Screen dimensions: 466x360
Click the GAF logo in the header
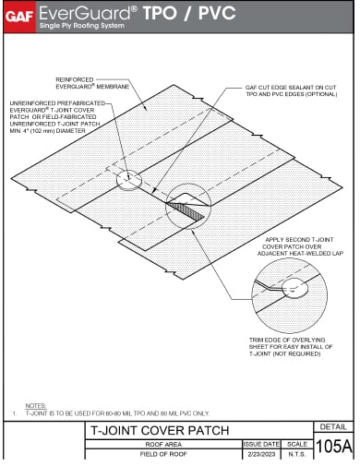coord(18,13)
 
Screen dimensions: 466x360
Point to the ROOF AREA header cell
coord(164,444)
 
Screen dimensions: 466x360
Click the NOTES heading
coord(36,405)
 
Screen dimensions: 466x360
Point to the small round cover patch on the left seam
coord(127,178)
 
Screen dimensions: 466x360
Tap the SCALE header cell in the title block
coord(297,444)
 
